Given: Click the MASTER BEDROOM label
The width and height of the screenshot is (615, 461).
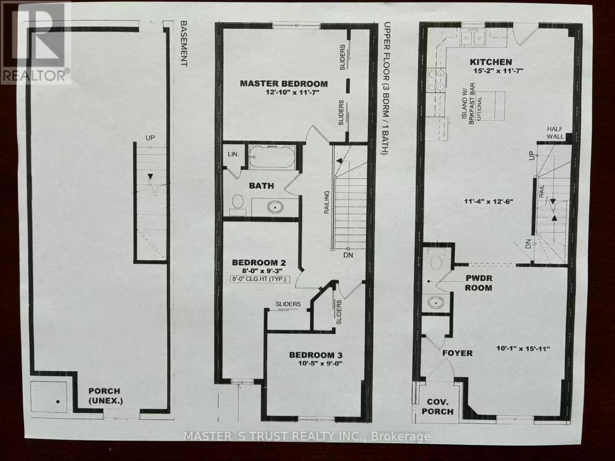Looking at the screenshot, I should point(284,83).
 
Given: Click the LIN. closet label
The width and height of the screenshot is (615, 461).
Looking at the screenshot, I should point(233,154).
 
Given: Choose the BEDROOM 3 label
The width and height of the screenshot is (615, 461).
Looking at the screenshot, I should point(316,355).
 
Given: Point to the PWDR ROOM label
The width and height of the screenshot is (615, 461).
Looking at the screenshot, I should point(479,283).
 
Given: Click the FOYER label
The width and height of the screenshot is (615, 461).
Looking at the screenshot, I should point(457,353).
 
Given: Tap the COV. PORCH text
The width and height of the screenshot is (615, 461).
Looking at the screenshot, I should point(437,406).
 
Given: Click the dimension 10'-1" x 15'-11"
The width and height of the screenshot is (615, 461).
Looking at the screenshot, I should point(523,348).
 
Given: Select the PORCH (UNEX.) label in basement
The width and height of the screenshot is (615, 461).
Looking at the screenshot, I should point(104,396).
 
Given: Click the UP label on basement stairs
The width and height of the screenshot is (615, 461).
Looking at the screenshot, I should point(150,138).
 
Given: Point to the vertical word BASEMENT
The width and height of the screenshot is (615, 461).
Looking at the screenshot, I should point(184,43).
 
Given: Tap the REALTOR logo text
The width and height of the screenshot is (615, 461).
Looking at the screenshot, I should point(36,75).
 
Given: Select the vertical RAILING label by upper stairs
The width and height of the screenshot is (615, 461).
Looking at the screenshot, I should point(327,202).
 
